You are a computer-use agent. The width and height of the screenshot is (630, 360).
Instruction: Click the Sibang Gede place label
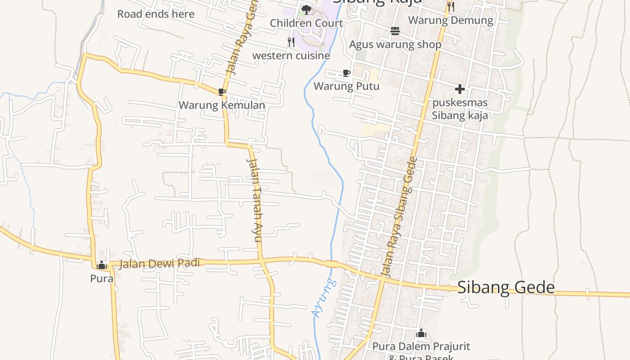(x=506, y=287)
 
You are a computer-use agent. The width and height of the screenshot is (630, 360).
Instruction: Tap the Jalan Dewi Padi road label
(x=159, y=263)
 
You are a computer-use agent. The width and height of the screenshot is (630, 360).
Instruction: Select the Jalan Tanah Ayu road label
(x=255, y=200)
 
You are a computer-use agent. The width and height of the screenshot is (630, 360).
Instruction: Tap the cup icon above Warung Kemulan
(x=221, y=92)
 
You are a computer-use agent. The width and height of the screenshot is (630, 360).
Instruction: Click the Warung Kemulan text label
(x=222, y=105)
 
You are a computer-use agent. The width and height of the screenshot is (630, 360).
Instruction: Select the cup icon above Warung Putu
(x=346, y=73)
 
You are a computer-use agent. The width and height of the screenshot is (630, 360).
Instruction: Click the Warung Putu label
(x=346, y=86)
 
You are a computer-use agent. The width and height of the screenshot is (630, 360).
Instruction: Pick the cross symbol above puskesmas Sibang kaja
(x=459, y=89)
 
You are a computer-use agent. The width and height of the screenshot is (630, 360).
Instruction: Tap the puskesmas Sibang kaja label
(x=460, y=109)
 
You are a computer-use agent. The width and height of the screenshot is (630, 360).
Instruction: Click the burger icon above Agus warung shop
(x=395, y=31)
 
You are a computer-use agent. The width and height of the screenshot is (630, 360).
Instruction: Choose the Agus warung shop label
(x=395, y=45)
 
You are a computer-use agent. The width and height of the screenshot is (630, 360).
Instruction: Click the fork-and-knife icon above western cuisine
(x=291, y=42)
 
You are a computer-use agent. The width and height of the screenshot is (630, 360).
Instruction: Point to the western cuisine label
(x=291, y=56)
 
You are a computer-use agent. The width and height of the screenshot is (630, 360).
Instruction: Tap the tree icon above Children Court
(x=306, y=9)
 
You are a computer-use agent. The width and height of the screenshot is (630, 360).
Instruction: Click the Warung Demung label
(x=450, y=20)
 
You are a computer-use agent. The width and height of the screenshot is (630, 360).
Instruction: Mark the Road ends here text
(x=156, y=14)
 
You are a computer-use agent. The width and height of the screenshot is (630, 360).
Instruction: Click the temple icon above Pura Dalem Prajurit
(x=421, y=333)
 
